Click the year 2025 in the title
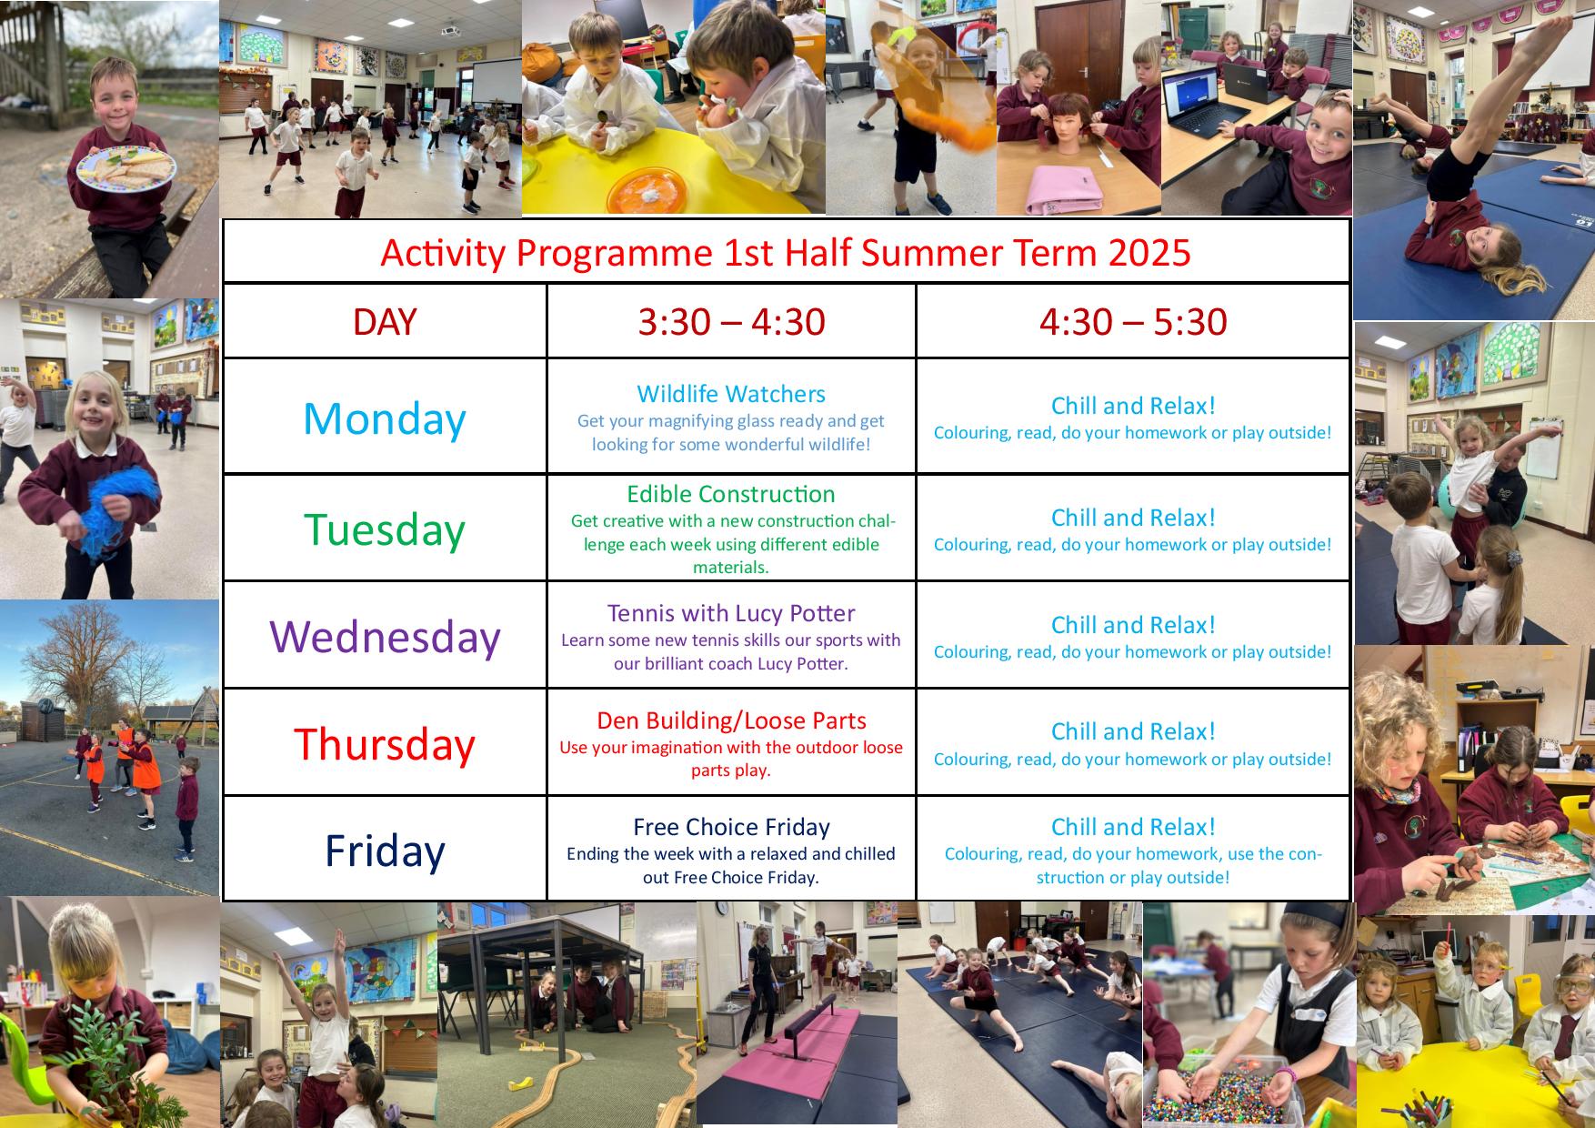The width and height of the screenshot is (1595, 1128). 1149,252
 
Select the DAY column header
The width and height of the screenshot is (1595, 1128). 385,322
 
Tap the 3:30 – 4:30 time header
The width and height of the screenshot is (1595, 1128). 731,322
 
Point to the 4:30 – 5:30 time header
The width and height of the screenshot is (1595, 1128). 1133,322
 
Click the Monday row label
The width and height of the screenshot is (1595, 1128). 384,418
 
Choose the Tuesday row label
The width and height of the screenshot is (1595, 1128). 384,529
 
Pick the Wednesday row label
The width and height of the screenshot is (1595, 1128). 385,636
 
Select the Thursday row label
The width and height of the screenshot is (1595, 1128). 385,743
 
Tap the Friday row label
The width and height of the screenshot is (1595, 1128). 385,850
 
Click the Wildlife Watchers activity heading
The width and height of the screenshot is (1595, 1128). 731,394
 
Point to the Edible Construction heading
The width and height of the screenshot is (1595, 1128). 731,494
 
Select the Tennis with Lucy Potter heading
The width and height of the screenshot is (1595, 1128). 731,613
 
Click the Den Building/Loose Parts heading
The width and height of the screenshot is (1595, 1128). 731,720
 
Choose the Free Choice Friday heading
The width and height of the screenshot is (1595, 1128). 731,827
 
